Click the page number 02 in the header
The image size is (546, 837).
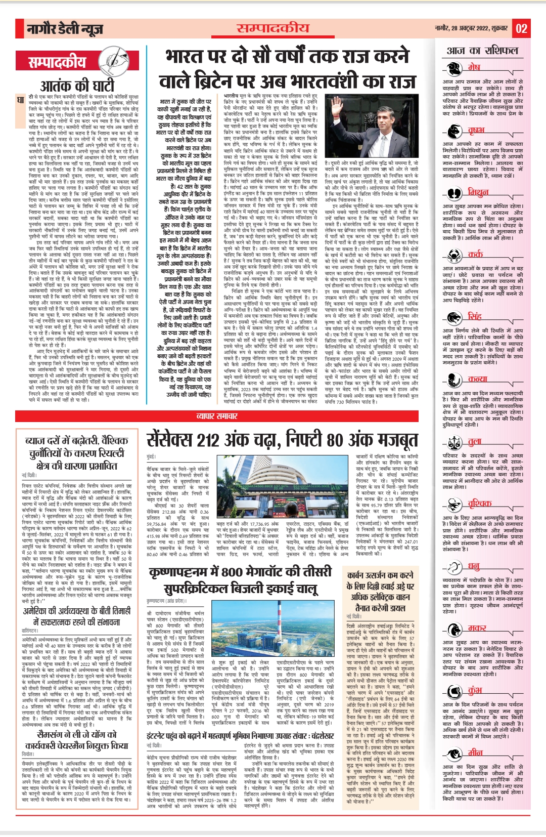(521, 28)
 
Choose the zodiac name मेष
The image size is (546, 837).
(474, 67)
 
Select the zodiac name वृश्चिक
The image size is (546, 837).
(479, 504)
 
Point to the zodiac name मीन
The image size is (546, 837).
(475, 752)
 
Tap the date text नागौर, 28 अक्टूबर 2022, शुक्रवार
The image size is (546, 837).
(471, 28)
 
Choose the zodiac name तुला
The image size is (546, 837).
(475, 442)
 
